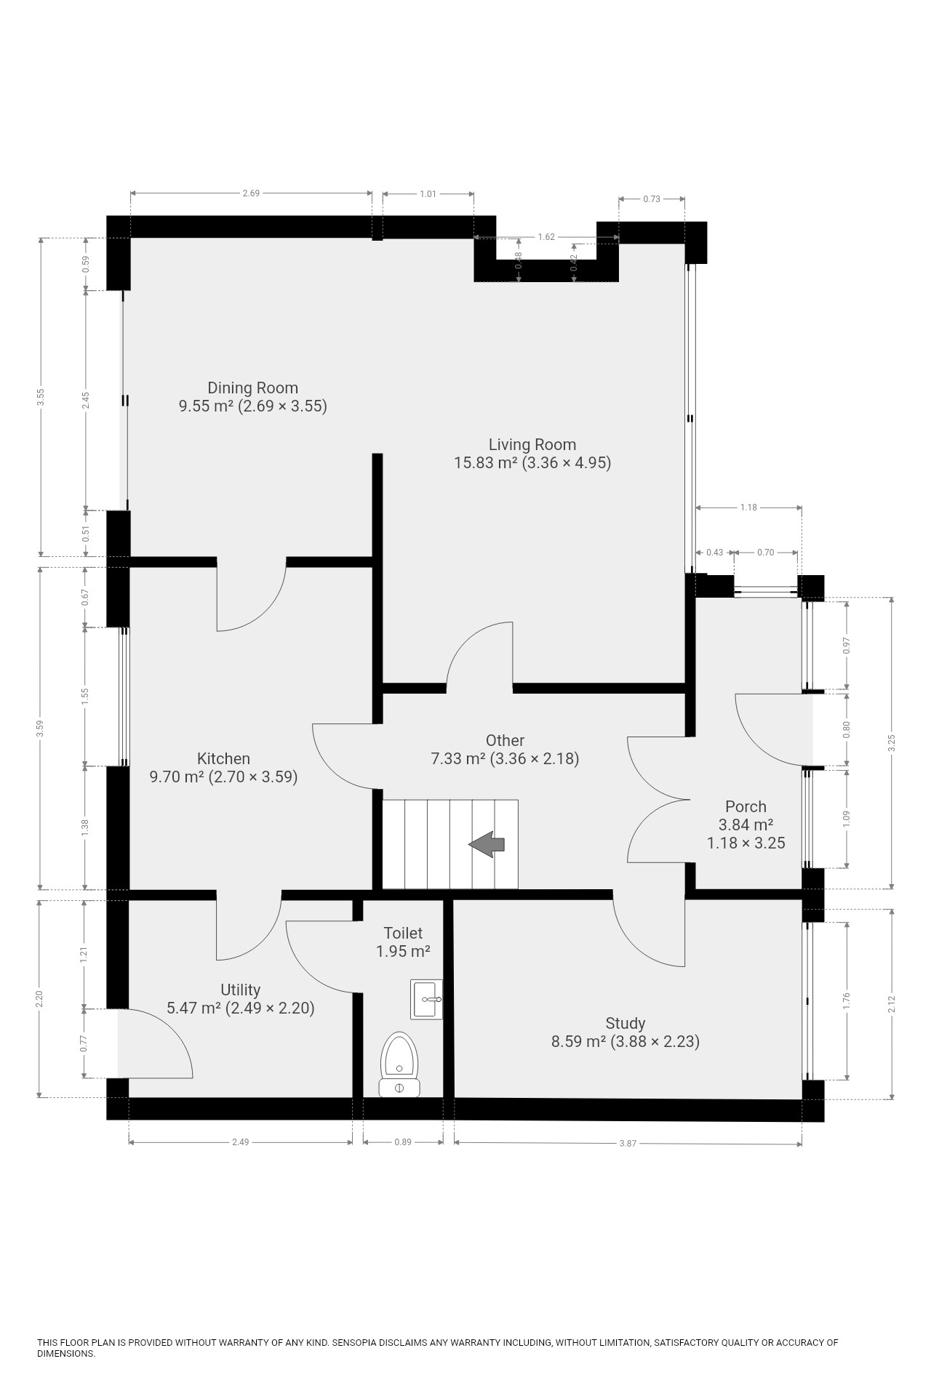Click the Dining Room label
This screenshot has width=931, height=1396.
252,388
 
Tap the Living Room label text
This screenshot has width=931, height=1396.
532,444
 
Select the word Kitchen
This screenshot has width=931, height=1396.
223,758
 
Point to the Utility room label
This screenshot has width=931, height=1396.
240,990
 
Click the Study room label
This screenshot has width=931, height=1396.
625,1024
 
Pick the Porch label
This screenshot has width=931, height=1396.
746,806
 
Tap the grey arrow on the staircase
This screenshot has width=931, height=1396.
487,844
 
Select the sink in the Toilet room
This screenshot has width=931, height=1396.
426,999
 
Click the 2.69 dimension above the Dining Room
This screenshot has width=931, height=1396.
251,193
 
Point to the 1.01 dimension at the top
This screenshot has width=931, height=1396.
428,193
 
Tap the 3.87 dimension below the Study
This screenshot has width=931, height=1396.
628,1144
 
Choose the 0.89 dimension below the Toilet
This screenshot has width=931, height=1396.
403,1142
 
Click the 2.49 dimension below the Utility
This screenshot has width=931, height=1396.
240,1142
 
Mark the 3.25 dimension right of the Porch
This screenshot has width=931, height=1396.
892,743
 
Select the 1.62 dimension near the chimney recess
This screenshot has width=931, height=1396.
546,237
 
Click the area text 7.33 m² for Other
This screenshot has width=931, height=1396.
458,759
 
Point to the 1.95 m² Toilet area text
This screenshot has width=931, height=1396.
403,951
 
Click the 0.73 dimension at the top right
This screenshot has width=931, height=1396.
652,199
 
